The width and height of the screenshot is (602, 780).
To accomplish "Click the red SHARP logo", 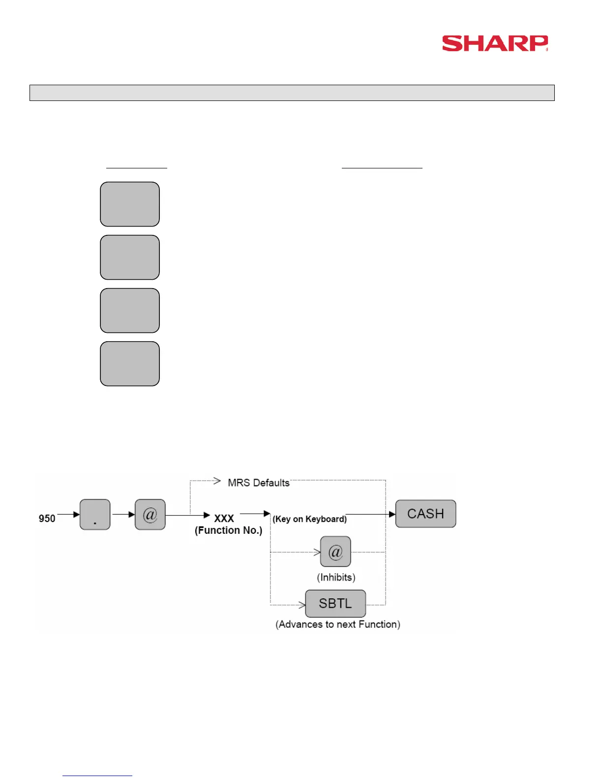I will tap(495, 43).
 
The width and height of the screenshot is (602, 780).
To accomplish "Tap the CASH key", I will tap(425, 514).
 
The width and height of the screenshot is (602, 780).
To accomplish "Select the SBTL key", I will tap(335, 603).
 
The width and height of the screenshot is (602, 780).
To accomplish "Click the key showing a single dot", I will tap(95, 515).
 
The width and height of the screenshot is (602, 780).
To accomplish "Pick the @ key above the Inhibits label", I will tap(335, 552).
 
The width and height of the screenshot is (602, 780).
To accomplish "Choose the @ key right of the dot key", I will tap(150, 515).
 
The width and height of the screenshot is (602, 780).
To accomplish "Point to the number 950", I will tap(47, 519).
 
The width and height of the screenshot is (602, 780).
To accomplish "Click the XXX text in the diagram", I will tap(224, 519).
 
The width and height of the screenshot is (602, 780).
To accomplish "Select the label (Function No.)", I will tap(228, 530).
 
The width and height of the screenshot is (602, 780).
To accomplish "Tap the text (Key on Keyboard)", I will tap(309, 519).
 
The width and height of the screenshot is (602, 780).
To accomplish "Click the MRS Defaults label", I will tap(259, 483).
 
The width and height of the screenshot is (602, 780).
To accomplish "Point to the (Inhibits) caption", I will tap(336, 577).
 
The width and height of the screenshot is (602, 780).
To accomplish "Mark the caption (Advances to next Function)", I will tap(338, 624).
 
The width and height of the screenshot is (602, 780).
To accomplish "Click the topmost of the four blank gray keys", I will tap(130, 204).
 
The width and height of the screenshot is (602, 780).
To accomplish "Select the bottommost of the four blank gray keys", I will tap(130, 364).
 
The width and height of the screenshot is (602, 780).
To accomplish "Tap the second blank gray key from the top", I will tap(130, 258).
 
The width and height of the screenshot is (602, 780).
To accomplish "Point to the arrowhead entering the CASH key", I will tap(392, 514).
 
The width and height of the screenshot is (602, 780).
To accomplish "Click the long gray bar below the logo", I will tap(292, 93).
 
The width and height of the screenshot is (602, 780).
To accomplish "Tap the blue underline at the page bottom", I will tap(97, 776).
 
